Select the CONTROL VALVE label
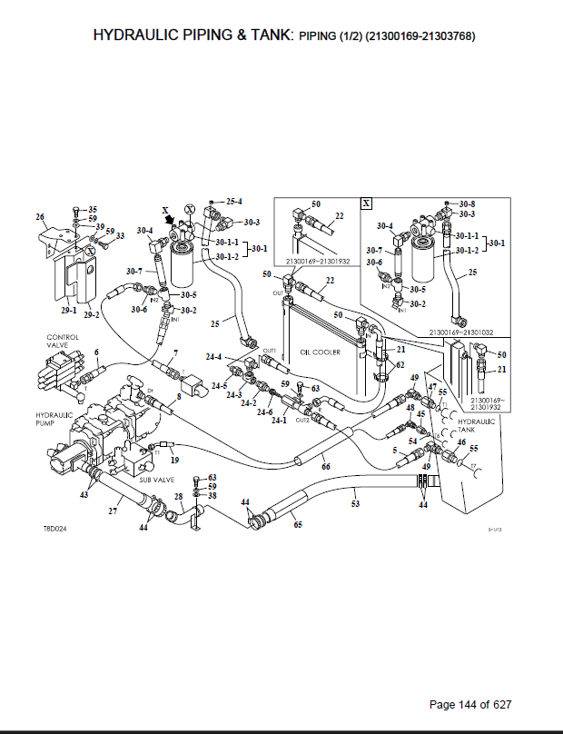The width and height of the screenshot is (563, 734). (x=64, y=341)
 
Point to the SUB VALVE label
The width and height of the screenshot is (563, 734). (x=156, y=479)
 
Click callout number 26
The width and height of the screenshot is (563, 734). (x=39, y=216)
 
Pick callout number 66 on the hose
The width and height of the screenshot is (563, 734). (x=326, y=467)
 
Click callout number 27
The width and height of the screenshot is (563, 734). (x=113, y=511)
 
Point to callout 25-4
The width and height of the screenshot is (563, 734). (x=234, y=201)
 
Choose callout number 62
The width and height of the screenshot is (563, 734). (x=399, y=364)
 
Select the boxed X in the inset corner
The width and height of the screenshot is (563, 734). (x=366, y=203)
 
